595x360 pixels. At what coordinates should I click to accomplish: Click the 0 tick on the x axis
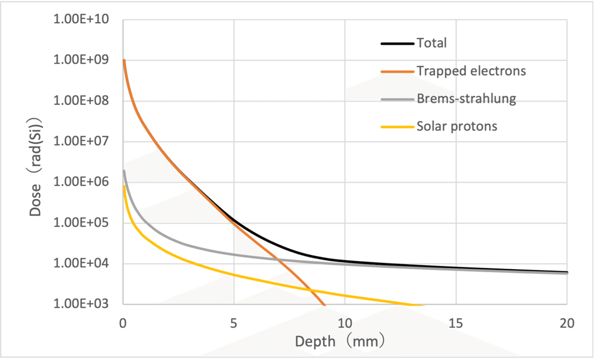[123, 323]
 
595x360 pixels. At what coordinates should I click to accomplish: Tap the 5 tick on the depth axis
[234, 323]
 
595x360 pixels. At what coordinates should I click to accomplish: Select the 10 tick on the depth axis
[345, 323]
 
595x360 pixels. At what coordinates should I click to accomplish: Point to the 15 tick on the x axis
[456, 323]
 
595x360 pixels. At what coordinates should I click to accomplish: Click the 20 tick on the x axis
[567, 323]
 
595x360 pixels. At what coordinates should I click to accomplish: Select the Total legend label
[432, 43]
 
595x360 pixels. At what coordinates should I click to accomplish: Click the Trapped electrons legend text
[471, 71]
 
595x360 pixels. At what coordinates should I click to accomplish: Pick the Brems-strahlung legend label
[467, 99]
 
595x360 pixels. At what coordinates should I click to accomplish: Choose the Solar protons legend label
[457, 126]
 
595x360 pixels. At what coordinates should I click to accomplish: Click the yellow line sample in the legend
[397, 126]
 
